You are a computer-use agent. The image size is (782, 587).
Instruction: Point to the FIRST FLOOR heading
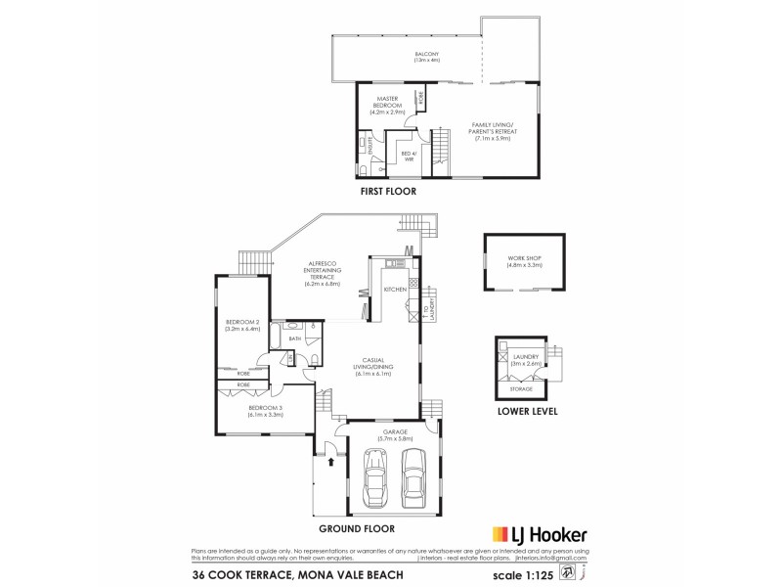[387, 193]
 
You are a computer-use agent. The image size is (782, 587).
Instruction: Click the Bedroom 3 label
[264, 411]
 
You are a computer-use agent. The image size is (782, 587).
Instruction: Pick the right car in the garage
[413, 474]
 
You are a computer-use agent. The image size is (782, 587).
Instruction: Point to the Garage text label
[395, 433]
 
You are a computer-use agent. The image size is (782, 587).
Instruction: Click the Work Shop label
[524, 262]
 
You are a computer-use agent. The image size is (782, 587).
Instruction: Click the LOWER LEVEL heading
[528, 413]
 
